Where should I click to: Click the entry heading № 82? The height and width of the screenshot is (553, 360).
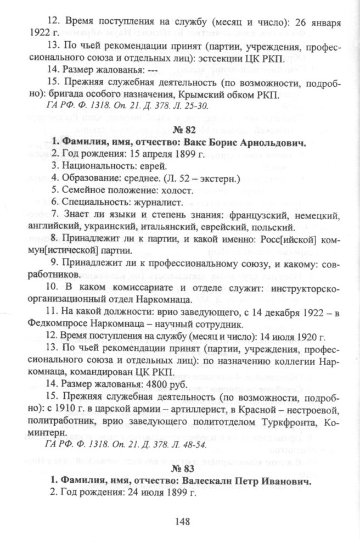(x=181, y=130)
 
